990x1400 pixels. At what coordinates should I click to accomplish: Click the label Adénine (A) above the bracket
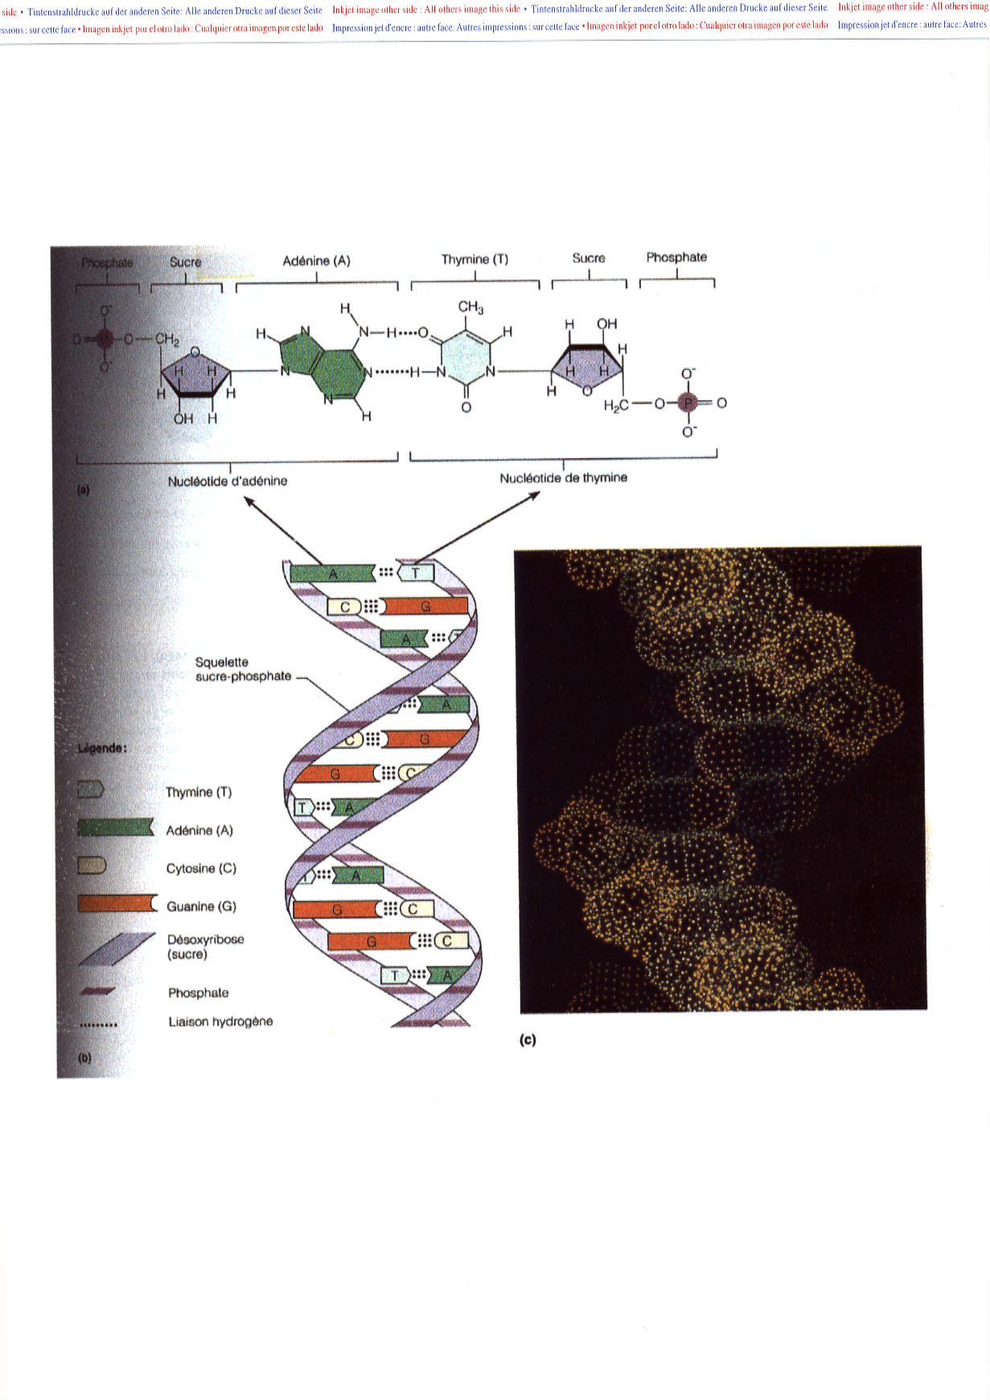316,261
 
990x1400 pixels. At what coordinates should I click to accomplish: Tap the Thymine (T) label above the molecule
474,260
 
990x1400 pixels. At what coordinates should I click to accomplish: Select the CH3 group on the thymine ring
470,307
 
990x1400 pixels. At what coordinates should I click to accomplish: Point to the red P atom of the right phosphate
688,403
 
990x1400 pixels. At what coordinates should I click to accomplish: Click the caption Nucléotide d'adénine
227,481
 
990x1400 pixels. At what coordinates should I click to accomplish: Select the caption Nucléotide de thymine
563,478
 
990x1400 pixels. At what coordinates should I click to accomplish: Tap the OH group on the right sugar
606,323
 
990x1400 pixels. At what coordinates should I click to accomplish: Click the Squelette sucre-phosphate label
243,669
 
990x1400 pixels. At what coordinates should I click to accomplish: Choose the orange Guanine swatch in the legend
117,904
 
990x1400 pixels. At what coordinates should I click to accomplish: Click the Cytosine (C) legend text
201,868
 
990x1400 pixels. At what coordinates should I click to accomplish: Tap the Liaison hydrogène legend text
220,1021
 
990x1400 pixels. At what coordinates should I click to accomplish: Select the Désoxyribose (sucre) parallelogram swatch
117,948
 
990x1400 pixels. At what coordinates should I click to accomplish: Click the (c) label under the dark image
528,1040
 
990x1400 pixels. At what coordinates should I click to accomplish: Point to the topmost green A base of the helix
332,573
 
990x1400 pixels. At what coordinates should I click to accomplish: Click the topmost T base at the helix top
417,573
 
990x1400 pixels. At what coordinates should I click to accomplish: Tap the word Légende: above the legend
102,748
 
